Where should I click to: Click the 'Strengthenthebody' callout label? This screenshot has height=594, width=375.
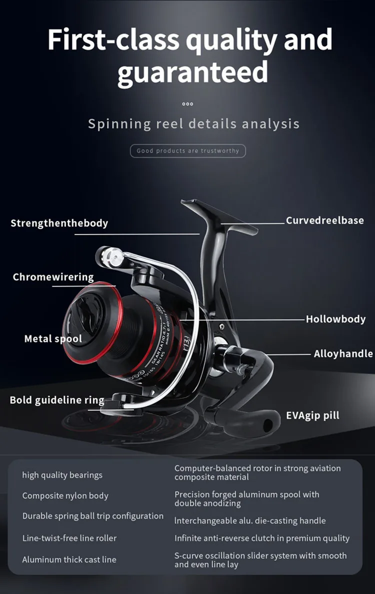pos(59,223)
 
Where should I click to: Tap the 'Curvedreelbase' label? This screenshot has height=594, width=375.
pos(324,220)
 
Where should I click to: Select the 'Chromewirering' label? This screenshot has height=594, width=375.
pos(53,277)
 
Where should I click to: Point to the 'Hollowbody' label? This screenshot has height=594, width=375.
pos(335,319)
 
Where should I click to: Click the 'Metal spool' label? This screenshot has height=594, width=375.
pos(53,339)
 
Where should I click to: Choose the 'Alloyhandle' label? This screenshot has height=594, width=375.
pos(343,353)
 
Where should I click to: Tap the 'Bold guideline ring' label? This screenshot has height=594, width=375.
pos(57,400)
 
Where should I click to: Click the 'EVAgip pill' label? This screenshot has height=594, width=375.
pos(312,415)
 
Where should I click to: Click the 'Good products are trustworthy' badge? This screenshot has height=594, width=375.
pos(188,150)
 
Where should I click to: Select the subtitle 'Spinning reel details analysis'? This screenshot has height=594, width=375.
pos(193,123)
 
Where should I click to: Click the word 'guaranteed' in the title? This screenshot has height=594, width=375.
pos(192,71)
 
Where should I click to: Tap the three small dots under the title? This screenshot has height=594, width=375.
pos(187,104)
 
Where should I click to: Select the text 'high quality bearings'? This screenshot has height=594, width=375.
pos(62,475)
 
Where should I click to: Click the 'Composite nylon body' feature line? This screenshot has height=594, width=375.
pos(65,496)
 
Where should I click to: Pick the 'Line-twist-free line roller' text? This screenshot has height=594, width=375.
pos(69,538)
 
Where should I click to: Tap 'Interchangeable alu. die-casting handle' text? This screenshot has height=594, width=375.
pos(249,520)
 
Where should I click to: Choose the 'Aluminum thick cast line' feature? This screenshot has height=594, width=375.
pos(69,560)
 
